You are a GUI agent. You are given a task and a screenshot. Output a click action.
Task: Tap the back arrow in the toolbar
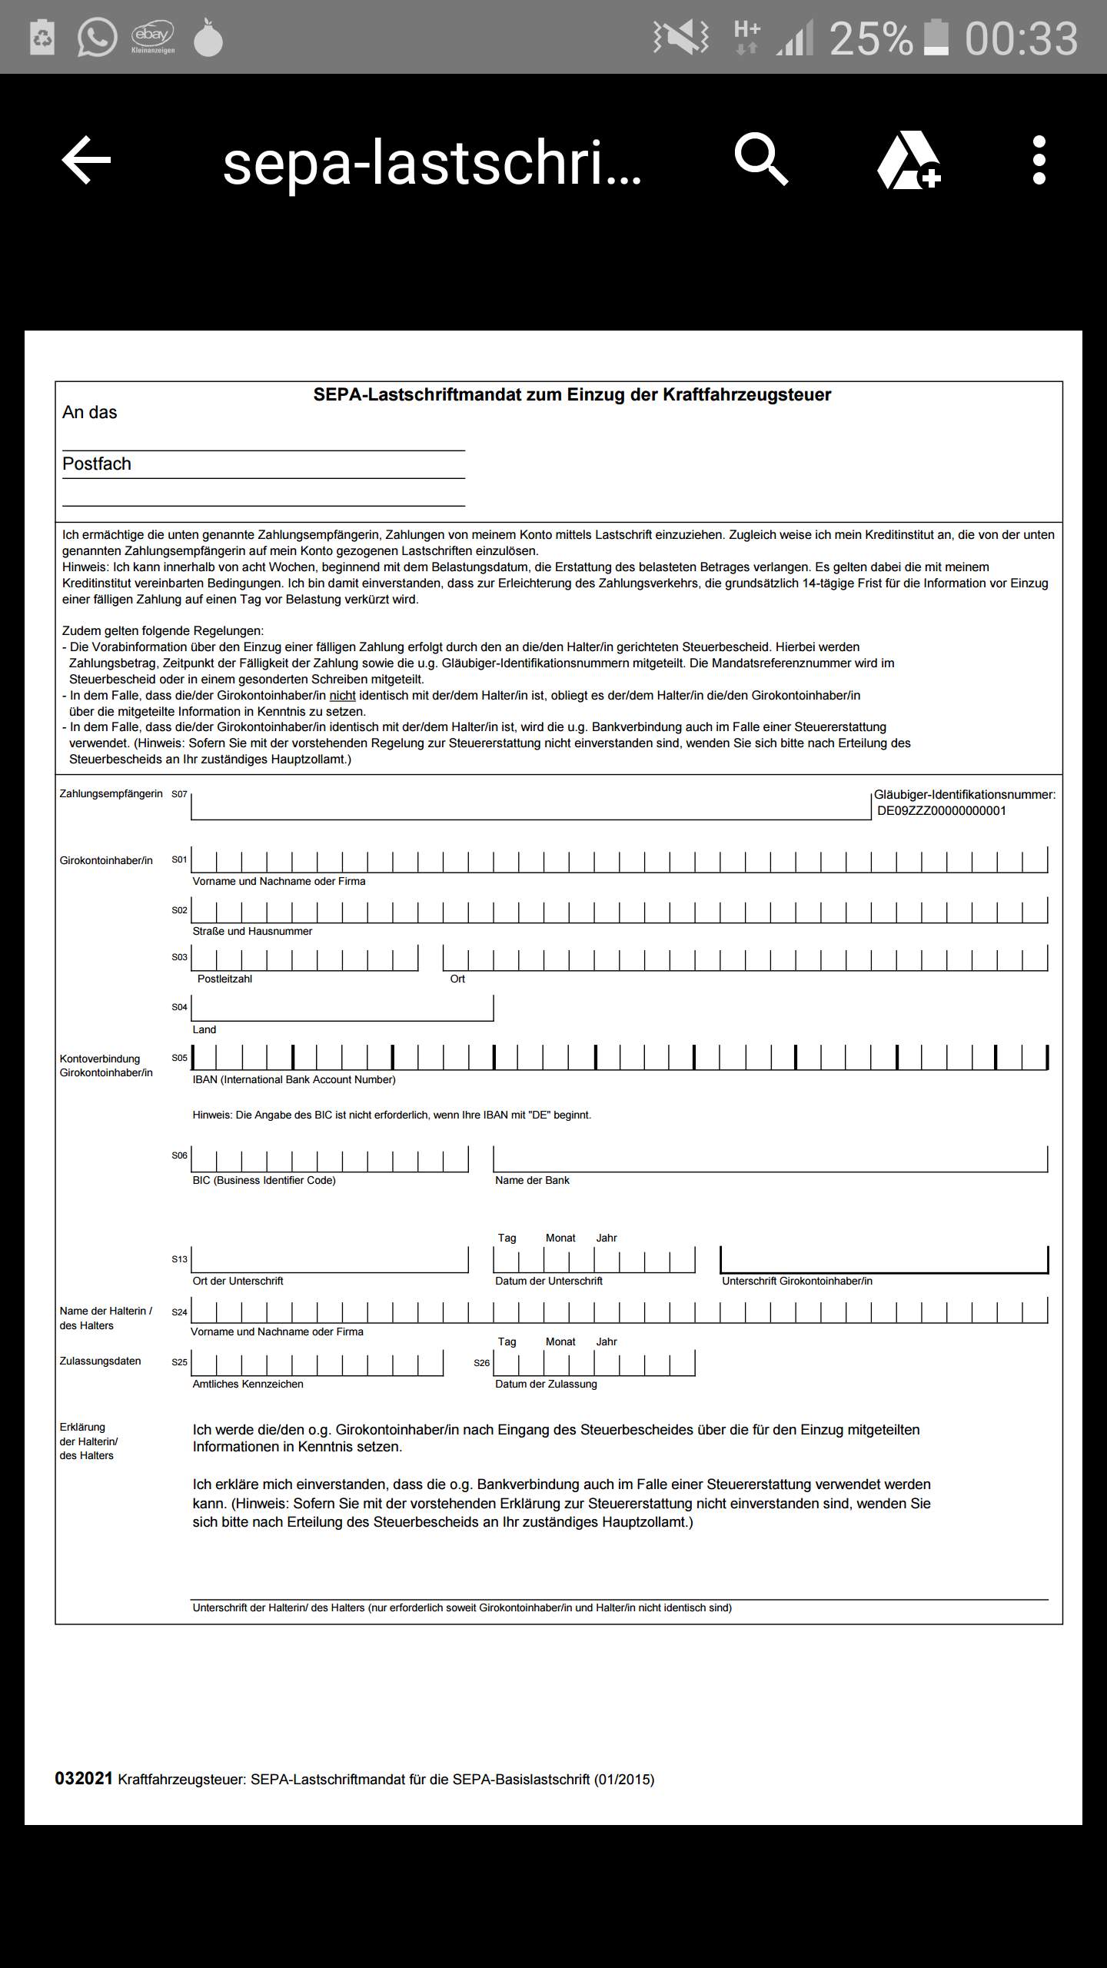[x=86, y=160]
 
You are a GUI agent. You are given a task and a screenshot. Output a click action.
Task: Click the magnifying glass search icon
[x=761, y=160]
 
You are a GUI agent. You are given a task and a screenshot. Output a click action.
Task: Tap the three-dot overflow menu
[x=1039, y=160]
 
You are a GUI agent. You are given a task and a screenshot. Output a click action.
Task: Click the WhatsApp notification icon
[x=97, y=37]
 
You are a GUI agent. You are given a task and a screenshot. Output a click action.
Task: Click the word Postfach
[x=97, y=464]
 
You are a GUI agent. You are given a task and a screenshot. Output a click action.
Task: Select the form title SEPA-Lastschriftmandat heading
[x=572, y=394]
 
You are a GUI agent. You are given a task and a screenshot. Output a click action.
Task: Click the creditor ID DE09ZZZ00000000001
[x=941, y=810]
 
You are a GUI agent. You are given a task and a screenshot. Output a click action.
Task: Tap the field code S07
[x=179, y=794]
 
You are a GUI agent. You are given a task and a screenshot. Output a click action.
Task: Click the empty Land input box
[x=342, y=1008]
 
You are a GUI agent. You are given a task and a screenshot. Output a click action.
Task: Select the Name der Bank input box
[x=770, y=1159]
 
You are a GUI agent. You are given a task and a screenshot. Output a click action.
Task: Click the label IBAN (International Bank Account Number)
[x=294, y=1079]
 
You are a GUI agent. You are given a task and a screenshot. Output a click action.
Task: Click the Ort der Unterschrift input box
[x=330, y=1259]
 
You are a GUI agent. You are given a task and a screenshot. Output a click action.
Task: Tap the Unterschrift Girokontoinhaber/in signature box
[x=884, y=1259]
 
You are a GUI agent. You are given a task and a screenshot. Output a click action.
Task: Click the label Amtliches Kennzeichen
[x=248, y=1384]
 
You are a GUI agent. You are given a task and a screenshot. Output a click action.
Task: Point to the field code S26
[x=481, y=1362]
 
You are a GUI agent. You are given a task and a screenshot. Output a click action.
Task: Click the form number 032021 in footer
[x=84, y=1778]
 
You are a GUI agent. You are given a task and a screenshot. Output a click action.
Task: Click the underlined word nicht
[x=342, y=695]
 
